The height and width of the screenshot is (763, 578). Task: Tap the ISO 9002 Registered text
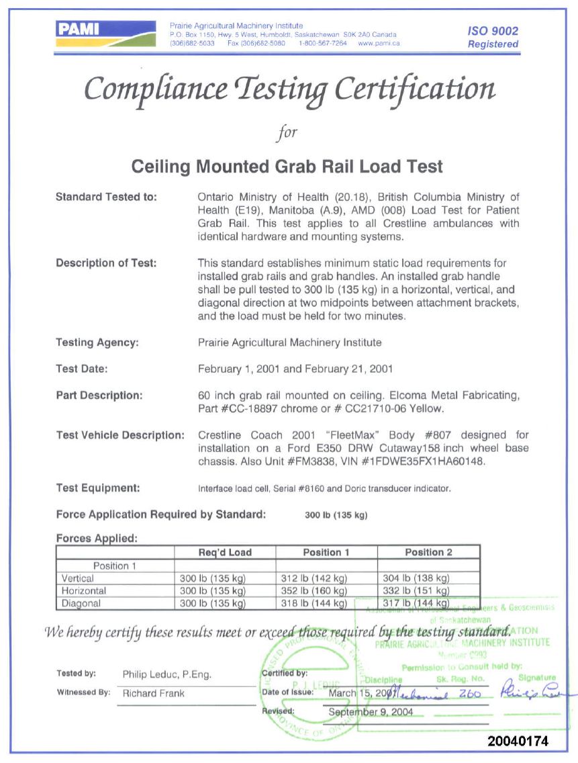pos(493,38)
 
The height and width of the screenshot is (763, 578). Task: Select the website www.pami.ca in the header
pos(379,43)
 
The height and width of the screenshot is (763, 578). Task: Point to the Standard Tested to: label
pos(106,197)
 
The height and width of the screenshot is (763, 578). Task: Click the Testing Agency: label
pos(97,343)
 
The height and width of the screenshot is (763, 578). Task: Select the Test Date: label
pos(82,369)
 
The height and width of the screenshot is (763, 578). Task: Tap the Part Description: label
pos(99,396)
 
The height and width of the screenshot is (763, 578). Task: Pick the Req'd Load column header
pos(225,553)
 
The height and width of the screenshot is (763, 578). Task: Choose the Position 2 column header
pos(428,553)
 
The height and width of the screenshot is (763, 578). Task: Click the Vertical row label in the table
pos(78,578)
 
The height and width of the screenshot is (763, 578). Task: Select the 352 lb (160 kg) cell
pos(313,591)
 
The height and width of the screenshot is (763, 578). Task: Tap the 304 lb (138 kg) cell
pos(416,578)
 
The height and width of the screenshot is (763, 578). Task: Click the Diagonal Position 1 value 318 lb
pos(313,604)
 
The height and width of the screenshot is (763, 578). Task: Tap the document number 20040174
pos(518,742)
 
